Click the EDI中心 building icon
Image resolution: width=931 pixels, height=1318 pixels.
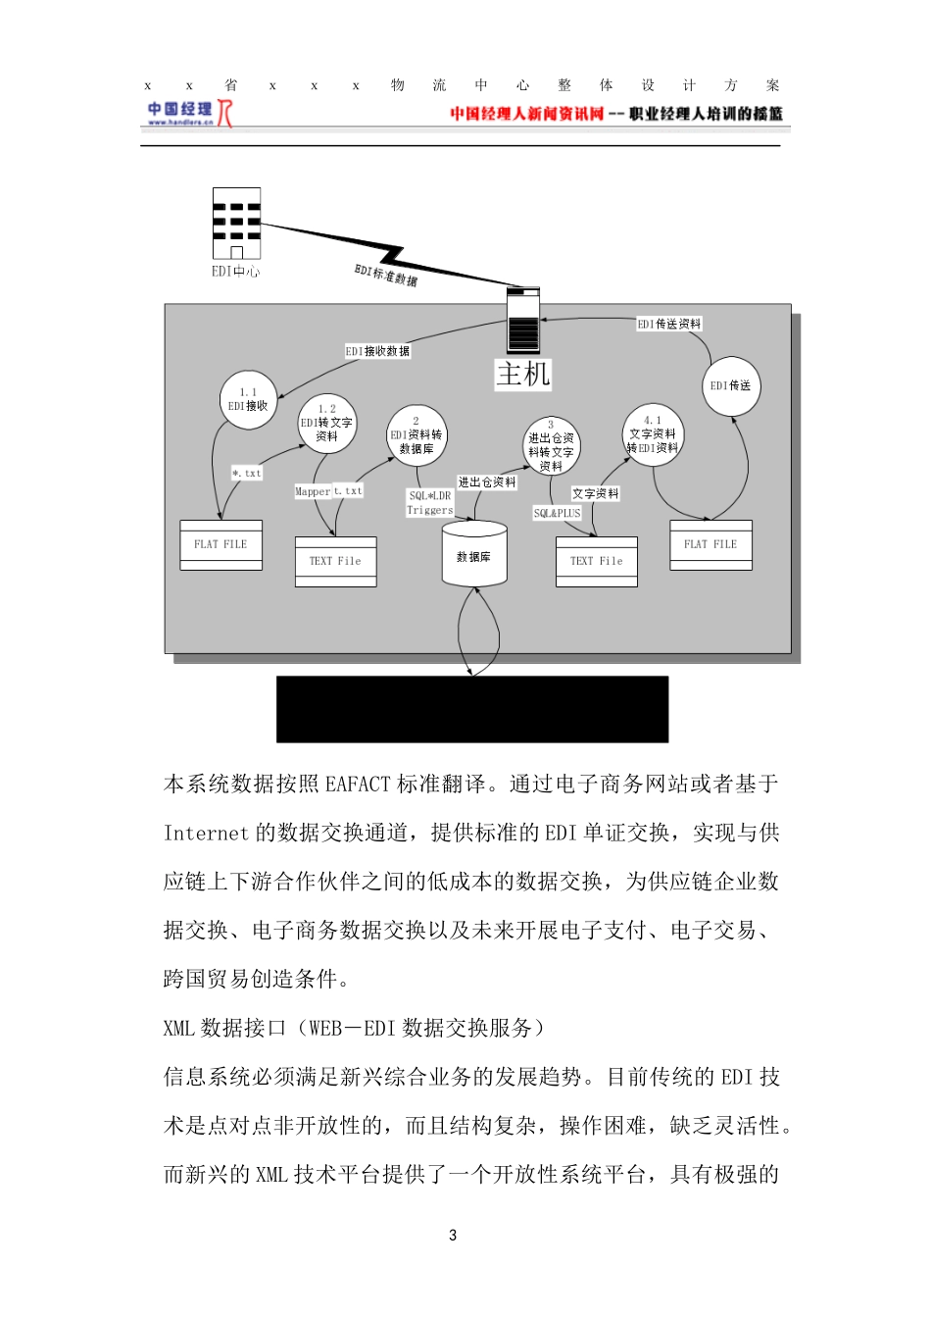(236, 224)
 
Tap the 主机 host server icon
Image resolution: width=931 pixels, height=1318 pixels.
(523, 320)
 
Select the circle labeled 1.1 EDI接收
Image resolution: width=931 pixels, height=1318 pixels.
(248, 399)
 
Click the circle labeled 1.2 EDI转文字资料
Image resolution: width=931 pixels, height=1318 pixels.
(326, 424)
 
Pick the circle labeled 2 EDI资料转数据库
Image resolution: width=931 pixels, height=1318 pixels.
(416, 435)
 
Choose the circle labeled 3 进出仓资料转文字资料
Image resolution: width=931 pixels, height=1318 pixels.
(551, 446)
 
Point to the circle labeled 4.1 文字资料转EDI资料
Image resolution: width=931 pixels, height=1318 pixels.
(653, 433)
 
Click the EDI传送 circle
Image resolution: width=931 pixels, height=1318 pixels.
(731, 385)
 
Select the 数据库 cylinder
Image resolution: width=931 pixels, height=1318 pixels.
(474, 554)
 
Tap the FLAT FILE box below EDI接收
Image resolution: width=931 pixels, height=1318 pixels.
(221, 544)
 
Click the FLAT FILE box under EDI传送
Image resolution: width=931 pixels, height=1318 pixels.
(710, 544)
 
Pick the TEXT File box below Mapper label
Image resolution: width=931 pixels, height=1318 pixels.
(335, 561)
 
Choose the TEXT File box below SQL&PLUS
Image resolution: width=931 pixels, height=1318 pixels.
(596, 561)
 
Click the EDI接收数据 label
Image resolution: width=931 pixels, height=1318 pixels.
(377, 351)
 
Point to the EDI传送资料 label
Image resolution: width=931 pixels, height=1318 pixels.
(669, 324)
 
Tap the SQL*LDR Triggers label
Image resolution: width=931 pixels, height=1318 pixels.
(430, 503)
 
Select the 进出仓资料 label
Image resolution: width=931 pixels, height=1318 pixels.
(487, 482)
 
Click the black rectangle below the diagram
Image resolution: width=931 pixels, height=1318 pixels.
(472, 709)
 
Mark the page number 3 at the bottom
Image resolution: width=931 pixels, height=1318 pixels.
(453, 1235)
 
